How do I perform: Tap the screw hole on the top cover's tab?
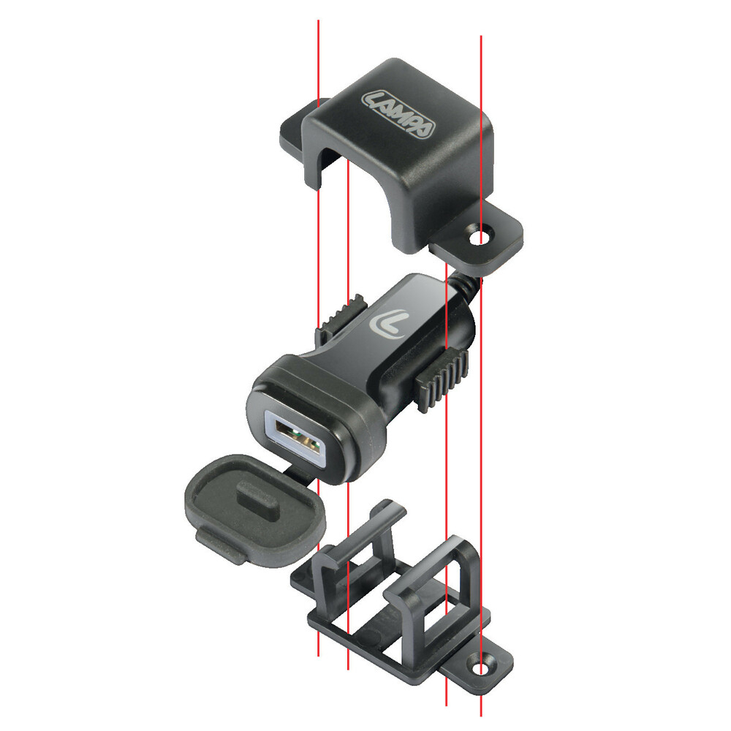(482, 238)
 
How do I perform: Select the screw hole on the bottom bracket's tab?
(481, 668)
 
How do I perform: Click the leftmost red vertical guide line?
(319, 58)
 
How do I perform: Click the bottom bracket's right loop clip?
(446, 585)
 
